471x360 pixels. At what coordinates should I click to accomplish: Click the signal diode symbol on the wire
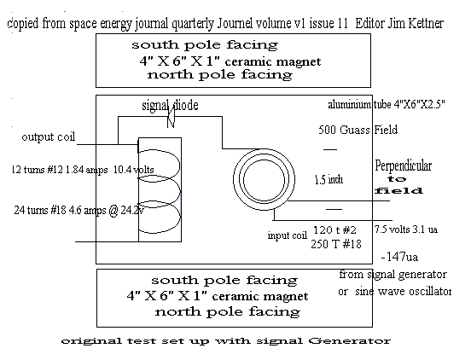click(171, 118)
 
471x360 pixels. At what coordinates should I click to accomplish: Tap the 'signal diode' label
click(170, 105)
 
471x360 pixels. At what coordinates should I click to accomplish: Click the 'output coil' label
click(48, 136)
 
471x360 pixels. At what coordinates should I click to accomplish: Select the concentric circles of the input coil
click(264, 179)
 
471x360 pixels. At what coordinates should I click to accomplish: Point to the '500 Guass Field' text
click(358, 130)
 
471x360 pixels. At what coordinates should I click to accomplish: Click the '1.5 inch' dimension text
click(329, 179)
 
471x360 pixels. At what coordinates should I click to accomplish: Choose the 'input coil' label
click(288, 235)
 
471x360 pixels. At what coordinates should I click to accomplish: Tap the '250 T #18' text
click(336, 244)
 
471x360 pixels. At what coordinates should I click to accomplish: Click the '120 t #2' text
click(334, 230)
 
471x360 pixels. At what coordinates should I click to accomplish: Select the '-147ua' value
click(399, 257)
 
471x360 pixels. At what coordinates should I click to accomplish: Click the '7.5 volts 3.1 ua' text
click(406, 229)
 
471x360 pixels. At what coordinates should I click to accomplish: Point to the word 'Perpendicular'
click(403, 166)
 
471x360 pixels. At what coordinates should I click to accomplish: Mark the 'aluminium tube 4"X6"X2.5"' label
click(387, 104)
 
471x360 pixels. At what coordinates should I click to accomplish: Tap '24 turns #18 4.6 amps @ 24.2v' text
click(79, 210)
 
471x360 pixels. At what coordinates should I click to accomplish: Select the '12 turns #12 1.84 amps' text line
click(60, 170)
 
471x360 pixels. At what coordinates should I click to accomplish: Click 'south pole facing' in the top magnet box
click(205, 45)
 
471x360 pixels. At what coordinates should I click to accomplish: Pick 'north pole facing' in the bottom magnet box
click(227, 311)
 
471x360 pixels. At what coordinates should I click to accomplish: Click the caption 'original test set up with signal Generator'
click(225, 341)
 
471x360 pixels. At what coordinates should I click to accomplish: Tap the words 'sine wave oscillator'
click(403, 291)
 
